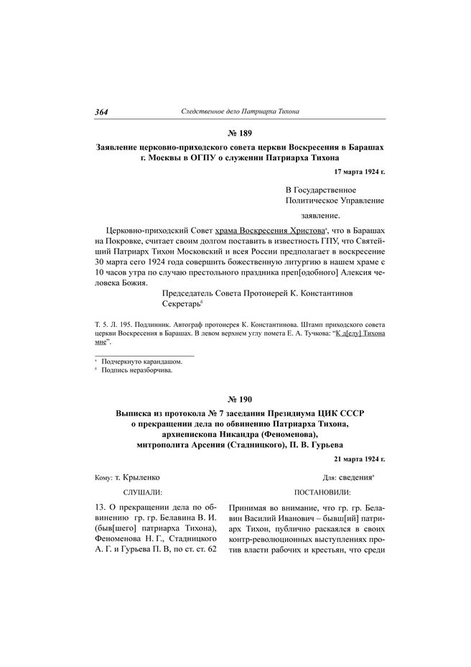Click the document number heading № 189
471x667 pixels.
pyautogui.click(x=235, y=133)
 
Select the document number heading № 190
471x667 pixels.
pyautogui.click(x=235, y=398)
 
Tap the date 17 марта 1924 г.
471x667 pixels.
pyautogui.click(x=359, y=172)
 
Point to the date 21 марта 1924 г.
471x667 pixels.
pyautogui.click(x=359, y=458)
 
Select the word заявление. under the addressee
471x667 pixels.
pyautogui.click(x=320, y=215)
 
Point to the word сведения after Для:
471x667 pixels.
pyautogui.click(x=355, y=477)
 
